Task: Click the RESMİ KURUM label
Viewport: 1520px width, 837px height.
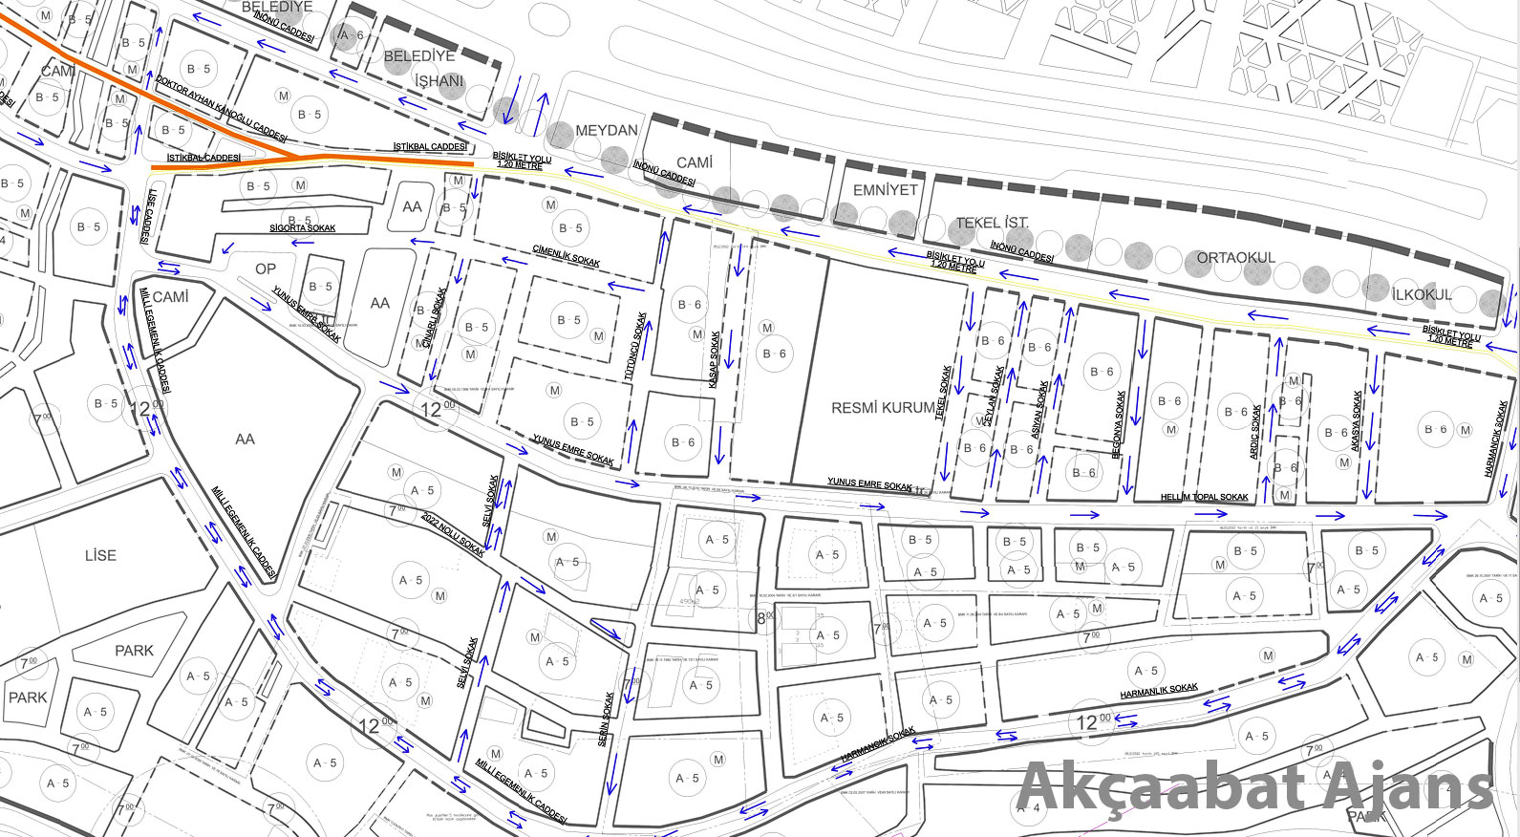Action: pyautogui.click(x=883, y=408)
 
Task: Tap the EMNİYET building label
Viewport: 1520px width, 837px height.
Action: pyautogui.click(x=885, y=190)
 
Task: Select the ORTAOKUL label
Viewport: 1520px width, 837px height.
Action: pyautogui.click(x=1235, y=258)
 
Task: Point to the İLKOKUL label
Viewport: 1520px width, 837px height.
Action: pyautogui.click(x=1422, y=295)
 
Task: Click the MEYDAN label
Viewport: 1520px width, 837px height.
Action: pyautogui.click(x=607, y=131)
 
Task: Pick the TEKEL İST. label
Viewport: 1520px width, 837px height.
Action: pyautogui.click(x=993, y=224)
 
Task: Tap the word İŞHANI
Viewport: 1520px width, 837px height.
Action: pyautogui.click(x=439, y=81)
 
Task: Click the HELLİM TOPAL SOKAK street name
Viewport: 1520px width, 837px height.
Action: pyautogui.click(x=1204, y=497)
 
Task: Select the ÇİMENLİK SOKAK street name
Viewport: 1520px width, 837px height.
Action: pyautogui.click(x=567, y=255)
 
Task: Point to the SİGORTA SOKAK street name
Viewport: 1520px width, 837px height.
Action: pyautogui.click(x=302, y=228)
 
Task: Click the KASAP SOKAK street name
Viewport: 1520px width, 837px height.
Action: pyautogui.click(x=715, y=359)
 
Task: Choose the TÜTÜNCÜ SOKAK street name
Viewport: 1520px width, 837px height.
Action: pyautogui.click(x=635, y=346)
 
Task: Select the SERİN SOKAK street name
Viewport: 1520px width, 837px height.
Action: pyautogui.click(x=605, y=719)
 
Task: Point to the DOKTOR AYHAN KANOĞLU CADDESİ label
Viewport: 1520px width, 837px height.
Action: pyautogui.click(x=221, y=110)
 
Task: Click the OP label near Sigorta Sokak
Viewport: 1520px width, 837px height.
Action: pyautogui.click(x=266, y=269)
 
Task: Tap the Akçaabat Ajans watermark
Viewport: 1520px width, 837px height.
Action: pyautogui.click(x=1254, y=787)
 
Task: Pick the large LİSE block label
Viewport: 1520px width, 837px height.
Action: pyautogui.click(x=100, y=555)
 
